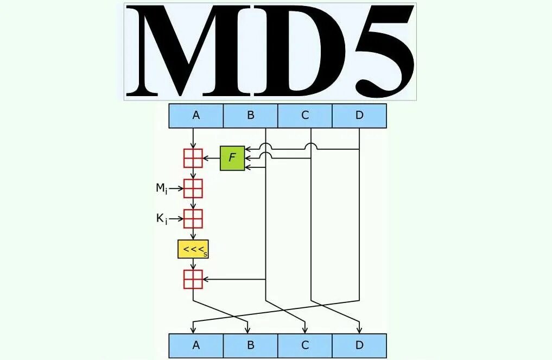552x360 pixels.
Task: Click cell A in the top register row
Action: [x=196, y=116]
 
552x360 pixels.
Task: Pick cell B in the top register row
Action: [x=250, y=116]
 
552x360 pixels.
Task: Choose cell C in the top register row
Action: [x=304, y=116]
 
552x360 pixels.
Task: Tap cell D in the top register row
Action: [x=359, y=116]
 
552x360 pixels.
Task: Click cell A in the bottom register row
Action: [x=196, y=345]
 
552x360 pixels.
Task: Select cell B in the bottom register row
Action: [x=250, y=345]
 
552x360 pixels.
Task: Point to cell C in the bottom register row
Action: [x=304, y=345]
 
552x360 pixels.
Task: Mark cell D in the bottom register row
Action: [x=359, y=345]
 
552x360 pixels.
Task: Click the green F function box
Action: [x=232, y=158]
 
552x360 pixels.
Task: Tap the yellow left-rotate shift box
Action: [x=193, y=249]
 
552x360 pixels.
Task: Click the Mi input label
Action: [x=162, y=188]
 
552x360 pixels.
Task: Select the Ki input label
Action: [x=162, y=219]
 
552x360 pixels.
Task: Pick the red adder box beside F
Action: [x=193, y=158]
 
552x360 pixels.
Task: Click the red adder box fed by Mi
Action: [x=193, y=188]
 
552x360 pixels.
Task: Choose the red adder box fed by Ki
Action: [x=193, y=219]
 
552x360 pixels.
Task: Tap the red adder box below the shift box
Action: [x=193, y=279]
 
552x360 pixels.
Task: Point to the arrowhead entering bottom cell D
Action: [x=359, y=330]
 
